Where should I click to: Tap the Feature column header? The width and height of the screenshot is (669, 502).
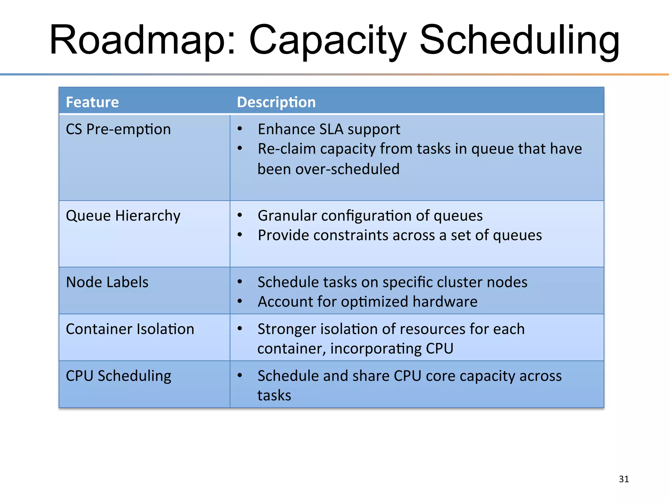coord(92,102)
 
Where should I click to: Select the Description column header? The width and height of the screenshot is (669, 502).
coord(276,102)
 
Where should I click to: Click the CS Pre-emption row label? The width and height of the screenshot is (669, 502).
coord(118,129)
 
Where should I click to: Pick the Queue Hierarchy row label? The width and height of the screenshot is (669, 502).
coord(123,216)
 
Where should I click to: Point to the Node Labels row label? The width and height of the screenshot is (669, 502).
coord(107,282)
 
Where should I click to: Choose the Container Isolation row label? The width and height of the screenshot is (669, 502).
coord(130,329)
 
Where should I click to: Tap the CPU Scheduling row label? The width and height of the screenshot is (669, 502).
coord(119,376)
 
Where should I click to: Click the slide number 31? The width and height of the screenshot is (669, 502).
coord(624,479)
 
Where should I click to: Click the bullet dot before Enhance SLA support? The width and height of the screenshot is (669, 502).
coord(240,129)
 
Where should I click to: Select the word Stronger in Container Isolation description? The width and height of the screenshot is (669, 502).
coord(287,329)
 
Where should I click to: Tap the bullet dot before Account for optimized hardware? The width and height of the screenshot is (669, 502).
coord(240,301)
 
